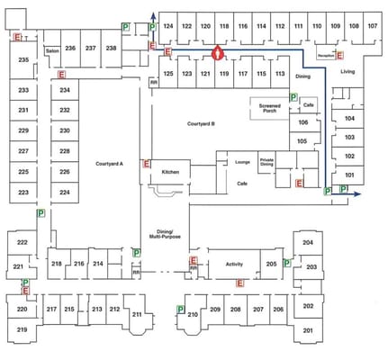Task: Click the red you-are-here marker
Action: point(216,53)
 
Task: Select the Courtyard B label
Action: point(201,123)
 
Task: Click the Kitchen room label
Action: point(171,171)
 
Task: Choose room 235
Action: point(23,59)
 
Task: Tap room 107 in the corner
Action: point(372,27)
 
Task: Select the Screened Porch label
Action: point(269,110)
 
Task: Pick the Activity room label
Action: point(234,264)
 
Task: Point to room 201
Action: point(308,331)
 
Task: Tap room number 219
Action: point(23,331)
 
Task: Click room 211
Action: point(137,315)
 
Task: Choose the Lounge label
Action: point(242,162)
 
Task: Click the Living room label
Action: point(347,71)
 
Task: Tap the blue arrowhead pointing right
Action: point(358,193)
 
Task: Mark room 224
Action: point(65,193)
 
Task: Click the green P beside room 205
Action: point(286,263)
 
